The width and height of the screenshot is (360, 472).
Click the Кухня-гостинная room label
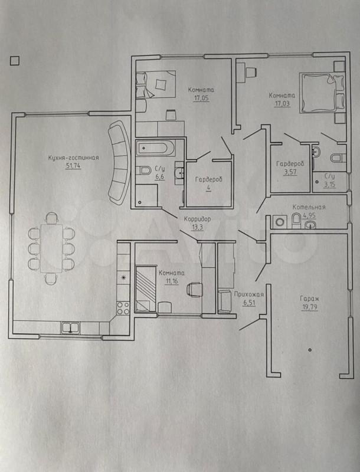[73, 158]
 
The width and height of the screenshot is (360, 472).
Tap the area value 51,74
[73, 166]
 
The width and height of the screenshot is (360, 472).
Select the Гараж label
[309, 299]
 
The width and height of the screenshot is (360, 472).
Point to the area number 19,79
[309, 307]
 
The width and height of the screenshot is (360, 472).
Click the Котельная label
[309, 207]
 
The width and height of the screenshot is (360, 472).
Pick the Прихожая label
[249, 294]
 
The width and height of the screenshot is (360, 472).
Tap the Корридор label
[197, 219]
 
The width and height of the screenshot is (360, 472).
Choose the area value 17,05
[201, 98]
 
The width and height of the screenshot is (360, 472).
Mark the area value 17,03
[282, 104]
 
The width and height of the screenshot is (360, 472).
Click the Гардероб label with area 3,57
[290, 163]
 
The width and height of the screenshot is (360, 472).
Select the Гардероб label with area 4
[208, 180]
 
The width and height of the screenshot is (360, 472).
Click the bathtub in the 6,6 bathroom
[155, 148]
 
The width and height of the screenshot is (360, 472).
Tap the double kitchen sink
[70, 327]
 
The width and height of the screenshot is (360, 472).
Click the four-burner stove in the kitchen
[123, 308]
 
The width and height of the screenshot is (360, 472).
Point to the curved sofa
[119, 162]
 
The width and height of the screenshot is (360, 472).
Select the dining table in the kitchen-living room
[52, 248]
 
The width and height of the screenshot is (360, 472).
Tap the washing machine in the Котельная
[280, 222]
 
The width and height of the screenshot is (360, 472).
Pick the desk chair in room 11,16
[194, 289]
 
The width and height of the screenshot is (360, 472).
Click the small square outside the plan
[14, 61]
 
